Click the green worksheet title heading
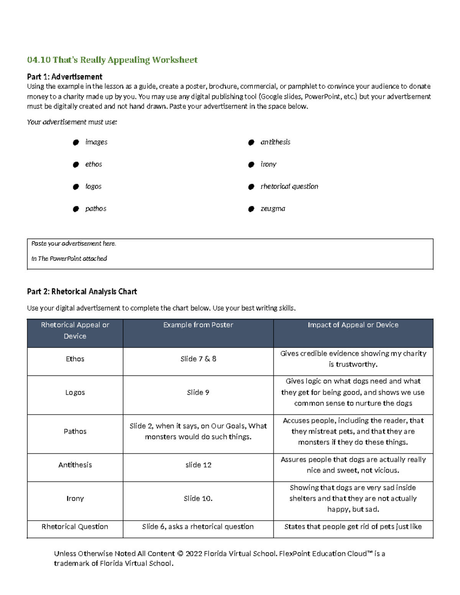pyautogui.click(x=112, y=60)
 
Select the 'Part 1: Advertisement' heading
pyautogui.click(x=64, y=77)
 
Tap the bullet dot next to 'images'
pyautogui.click(x=76, y=143)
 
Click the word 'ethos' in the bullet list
pyautogui.click(x=94, y=164)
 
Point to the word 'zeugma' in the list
pyautogui.click(x=273, y=209)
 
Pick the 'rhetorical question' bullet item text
pyautogui.click(x=289, y=187)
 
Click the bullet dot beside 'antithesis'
pyautogui.click(x=251, y=143)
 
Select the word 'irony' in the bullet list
pyautogui.click(x=268, y=164)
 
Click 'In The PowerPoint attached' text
pyautogui.click(x=69, y=259)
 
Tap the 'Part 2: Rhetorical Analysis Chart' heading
pyautogui.click(x=82, y=292)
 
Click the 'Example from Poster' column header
pyautogui.click(x=198, y=325)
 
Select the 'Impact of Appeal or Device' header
pyautogui.click(x=353, y=325)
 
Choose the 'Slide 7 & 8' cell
pyautogui.click(x=198, y=359)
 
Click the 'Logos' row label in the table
pyautogui.click(x=75, y=393)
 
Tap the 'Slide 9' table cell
pyautogui.click(x=198, y=393)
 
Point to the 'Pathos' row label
pyautogui.click(x=75, y=431)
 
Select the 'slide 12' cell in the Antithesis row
pyautogui.click(x=198, y=465)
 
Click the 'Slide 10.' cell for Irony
pyautogui.click(x=198, y=498)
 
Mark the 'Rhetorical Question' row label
pyautogui.click(x=75, y=527)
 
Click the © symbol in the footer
pyautogui.click(x=180, y=554)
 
